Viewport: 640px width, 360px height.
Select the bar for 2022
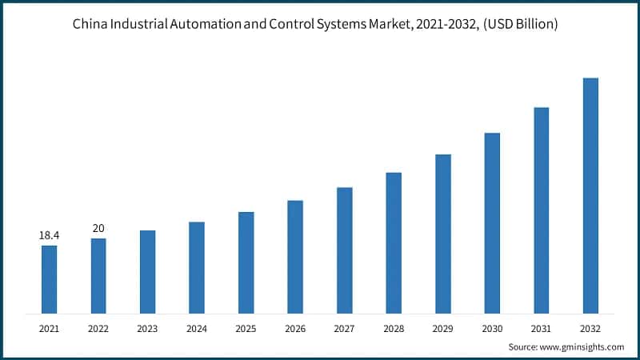(98, 275)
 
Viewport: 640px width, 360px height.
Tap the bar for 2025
(246, 262)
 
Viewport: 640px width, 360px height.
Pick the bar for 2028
(394, 242)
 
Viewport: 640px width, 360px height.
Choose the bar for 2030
(492, 222)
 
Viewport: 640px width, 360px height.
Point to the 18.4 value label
(50, 236)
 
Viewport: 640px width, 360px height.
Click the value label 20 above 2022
(98, 229)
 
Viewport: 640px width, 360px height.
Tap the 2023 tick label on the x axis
(147, 328)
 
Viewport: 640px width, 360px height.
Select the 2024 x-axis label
(197, 328)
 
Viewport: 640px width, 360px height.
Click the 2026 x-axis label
(295, 328)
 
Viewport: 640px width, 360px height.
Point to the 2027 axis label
(344, 328)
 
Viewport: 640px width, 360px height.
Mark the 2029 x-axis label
(442, 328)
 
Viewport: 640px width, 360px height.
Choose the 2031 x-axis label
(542, 328)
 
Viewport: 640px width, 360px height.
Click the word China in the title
(89, 25)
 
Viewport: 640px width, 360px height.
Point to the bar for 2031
(542, 210)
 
